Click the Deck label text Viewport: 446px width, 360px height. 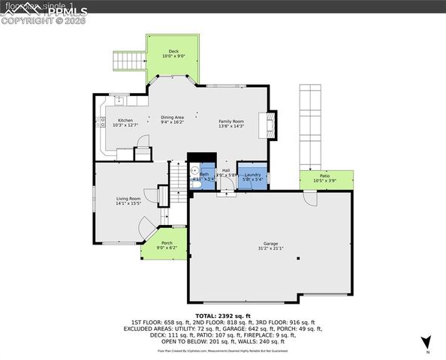click(x=173, y=51)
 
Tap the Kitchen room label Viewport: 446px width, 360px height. click(x=125, y=121)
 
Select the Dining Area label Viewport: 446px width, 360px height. click(x=172, y=117)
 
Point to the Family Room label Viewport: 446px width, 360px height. click(x=231, y=121)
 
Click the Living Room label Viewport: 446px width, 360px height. click(x=128, y=199)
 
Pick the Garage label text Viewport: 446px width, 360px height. click(x=270, y=243)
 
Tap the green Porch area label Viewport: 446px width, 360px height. click(x=166, y=243)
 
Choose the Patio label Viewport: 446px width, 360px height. click(x=324, y=176)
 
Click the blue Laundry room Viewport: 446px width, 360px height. click(x=252, y=176)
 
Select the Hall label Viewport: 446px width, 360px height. click(x=225, y=170)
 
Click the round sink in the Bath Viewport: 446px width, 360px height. click(x=192, y=170)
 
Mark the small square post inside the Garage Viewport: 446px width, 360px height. click(x=297, y=259)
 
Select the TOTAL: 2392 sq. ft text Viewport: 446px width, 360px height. click(x=223, y=316)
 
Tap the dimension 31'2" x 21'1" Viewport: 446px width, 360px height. click(x=270, y=248)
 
